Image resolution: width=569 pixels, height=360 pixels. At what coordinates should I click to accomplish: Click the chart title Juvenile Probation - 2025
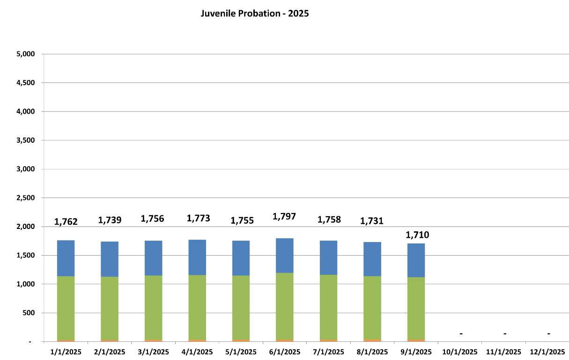[x=255, y=14]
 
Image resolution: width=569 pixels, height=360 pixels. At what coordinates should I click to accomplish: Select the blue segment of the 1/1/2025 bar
[x=66, y=258]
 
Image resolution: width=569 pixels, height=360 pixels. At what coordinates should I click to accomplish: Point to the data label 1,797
[x=284, y=217]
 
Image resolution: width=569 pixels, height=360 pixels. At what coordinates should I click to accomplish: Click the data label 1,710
[x=417, y=235]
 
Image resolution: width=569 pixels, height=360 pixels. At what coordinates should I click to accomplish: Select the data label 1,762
[x=66, y=222]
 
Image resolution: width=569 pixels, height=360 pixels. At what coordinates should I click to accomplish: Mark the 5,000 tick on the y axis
[x=26, y=54]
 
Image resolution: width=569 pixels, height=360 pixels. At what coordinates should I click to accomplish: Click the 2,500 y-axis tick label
[x=26, y=198]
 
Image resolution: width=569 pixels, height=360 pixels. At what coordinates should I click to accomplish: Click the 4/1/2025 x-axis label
[x=197, y=352]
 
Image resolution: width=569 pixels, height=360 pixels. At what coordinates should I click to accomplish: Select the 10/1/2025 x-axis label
[x=460, y=352]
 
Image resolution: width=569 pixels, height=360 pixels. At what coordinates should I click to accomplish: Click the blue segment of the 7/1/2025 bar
[x=328, y=257]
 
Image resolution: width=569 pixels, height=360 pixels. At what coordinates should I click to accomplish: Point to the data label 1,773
[x=199, y=218]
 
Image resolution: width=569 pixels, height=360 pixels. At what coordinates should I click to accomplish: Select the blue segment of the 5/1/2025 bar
[x=241, y=258]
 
